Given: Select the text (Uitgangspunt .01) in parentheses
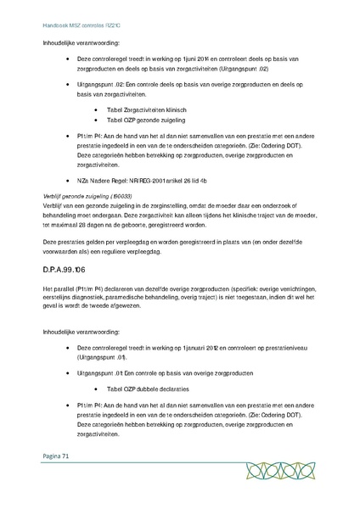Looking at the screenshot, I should (x=103, y=358).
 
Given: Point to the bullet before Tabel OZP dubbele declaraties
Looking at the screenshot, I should (x=100, y=388).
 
